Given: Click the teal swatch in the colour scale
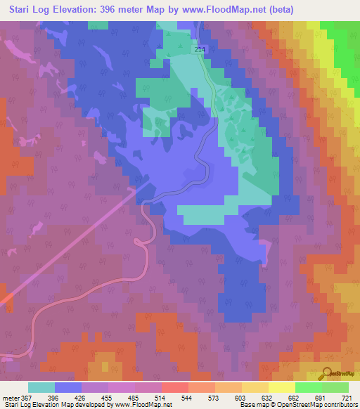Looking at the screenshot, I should pyautogui.click(x=41, y=387).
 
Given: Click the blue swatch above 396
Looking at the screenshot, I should pyautogui.click(x=68, y=387).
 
